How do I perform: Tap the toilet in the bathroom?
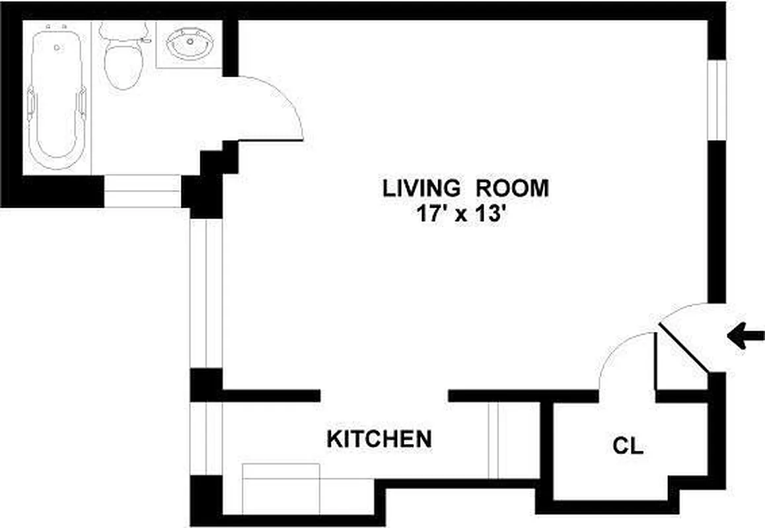(124, 66)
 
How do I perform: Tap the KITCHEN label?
(380, 438)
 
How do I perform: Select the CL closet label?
(628, 447)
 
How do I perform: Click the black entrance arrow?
(745, 337)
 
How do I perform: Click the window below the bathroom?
(142, 191)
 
